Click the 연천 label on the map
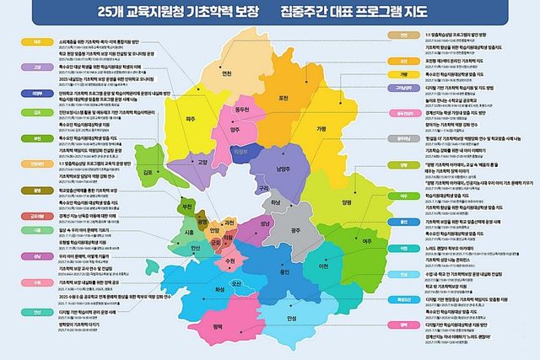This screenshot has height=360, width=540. point(225,73)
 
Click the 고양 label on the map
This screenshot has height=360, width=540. point(202,162)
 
